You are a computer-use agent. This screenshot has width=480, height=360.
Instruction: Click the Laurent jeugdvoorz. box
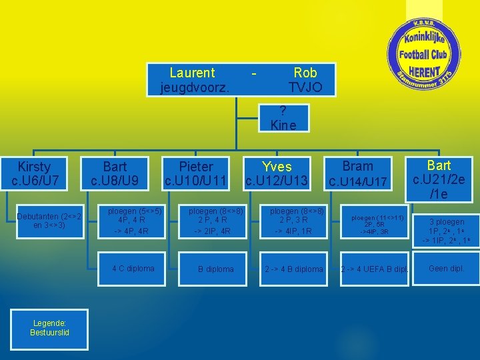click(193, 80)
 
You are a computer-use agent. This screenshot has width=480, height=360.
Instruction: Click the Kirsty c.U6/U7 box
click(35, 173)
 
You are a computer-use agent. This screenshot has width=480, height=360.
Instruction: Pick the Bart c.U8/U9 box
click(115, 173)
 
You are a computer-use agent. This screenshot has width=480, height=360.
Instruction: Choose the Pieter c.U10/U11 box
click(197, 173)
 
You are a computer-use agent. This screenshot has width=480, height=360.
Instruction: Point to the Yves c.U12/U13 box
click(277, 173)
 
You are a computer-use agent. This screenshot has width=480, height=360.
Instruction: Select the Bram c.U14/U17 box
click(357, 173)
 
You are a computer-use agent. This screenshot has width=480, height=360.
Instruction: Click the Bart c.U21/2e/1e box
click(439, 179)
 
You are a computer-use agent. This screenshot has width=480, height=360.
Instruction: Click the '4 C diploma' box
click(133, 269)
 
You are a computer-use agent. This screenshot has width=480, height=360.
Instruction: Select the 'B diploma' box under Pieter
click(215, 269)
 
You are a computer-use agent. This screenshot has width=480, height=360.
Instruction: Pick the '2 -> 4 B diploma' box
click(294, 269)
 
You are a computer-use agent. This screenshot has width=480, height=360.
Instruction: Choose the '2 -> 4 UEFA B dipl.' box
click(374, 269)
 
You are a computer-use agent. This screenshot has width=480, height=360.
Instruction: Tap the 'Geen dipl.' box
click(447, 269)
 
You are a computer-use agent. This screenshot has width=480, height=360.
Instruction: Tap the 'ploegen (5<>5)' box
click(133, 221)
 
